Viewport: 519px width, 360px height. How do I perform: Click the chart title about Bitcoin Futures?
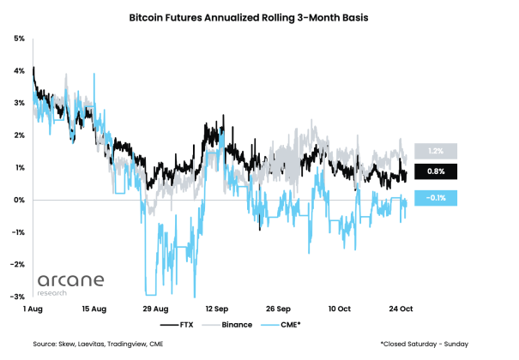coord(260,16)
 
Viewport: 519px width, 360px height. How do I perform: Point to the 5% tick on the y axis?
coord(19,39)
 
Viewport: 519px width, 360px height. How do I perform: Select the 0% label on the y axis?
coord(19,200)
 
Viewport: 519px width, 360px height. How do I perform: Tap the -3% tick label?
coord(18,297)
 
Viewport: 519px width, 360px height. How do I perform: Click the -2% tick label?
coord(18,264)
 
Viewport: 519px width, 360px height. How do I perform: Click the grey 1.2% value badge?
coord(435,151)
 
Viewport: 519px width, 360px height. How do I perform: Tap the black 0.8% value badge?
coord(435,172)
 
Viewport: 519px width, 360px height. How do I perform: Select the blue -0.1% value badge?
coord(435,198)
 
